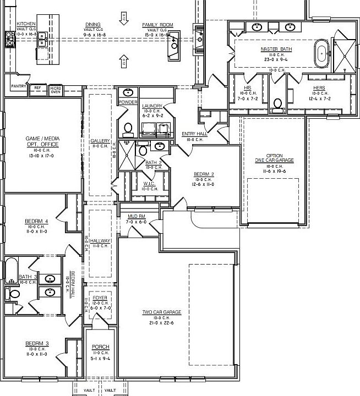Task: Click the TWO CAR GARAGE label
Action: coord(162,312)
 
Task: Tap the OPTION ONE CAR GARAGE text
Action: coord(274,158)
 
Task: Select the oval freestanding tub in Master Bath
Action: coord(320,52)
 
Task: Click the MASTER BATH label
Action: coord(276,49)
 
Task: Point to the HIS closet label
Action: coord(247,88)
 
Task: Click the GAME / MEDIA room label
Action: coord(42,141)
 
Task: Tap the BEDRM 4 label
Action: coord(36,222)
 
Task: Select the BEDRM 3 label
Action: coord(37,344)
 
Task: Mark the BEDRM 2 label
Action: coord(204,174)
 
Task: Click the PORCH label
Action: coord(100,346)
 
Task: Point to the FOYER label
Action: coord(100,298)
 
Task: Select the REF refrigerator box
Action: coord(38,88)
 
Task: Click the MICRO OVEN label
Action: coord(56,89)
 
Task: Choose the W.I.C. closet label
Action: coord(149,184)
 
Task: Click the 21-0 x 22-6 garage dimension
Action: coord(162,323)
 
